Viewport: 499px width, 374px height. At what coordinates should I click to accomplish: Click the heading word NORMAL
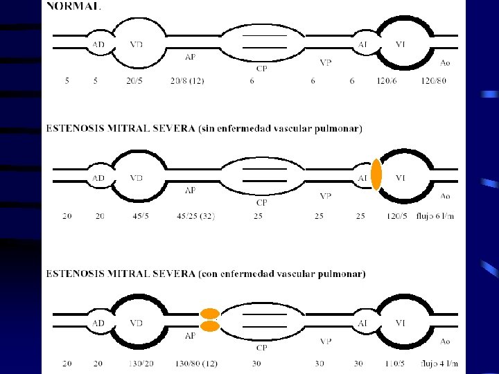pos(73,6)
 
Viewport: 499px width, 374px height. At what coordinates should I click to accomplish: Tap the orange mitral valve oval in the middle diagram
pos(376,175)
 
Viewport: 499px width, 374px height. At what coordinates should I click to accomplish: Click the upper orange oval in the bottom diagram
pos(210,314)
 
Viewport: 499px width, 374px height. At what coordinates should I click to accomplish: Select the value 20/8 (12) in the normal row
pos(187,81)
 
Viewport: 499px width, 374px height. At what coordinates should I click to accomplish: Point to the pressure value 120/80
pos(435,81)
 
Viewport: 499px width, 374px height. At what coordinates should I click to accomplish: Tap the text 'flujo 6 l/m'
pos(435,216)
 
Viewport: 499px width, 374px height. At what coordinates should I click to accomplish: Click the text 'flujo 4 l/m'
pos(438,364)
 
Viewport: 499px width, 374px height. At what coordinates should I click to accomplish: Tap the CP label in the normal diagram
pos(262,68)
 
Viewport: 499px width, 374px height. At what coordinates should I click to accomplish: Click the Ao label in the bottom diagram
pos(445,341)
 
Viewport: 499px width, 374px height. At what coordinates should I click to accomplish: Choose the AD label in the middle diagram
pos(99,178)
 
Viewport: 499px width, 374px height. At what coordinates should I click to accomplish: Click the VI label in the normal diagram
pos(401,44)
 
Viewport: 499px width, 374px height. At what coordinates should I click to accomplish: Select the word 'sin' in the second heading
pos(207,128)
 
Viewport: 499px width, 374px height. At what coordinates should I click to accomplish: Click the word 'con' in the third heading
pos(208,274)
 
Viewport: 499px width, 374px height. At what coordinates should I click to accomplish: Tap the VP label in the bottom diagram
pos(326,341)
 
